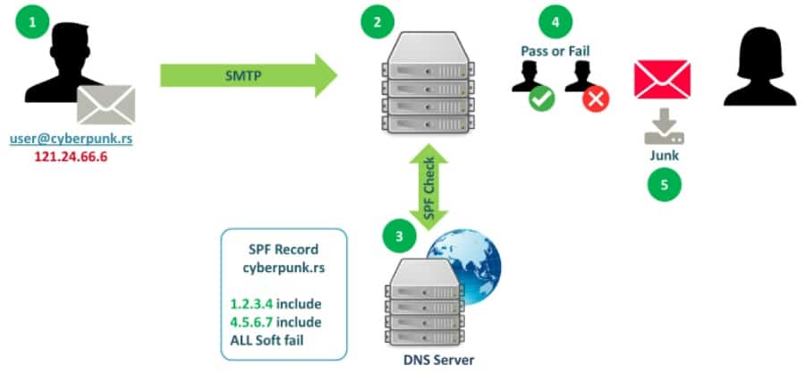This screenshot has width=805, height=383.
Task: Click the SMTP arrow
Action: pyautogui.click(x=248, y=73)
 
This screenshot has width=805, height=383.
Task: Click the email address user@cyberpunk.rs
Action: pyautogui.click(x=71, y=140)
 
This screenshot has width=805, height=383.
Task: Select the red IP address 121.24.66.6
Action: pyautogui.click(x=71, y=157)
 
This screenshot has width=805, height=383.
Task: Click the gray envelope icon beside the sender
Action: pyautogui.click(x=106, y=106)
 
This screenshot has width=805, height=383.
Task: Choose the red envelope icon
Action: pyautogui.click(x=662, y=79)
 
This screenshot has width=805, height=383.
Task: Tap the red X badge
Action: pyautogui.click(x=595, y=98)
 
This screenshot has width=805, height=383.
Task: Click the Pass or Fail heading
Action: pyautogui.click(x=555, y=51)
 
